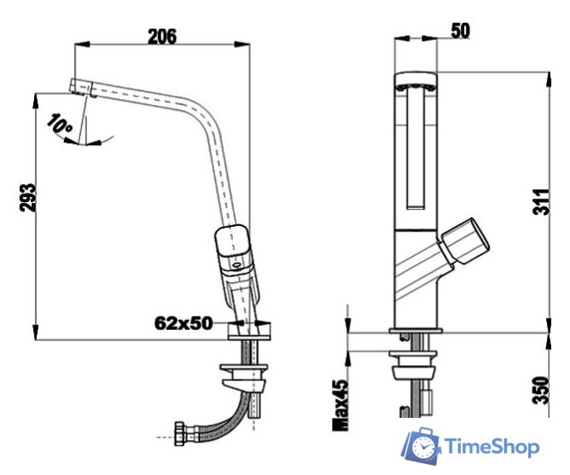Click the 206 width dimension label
162,36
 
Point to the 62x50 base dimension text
183,323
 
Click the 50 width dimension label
460,31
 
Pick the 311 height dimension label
540,200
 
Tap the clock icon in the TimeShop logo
422,447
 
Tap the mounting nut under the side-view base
245,372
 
